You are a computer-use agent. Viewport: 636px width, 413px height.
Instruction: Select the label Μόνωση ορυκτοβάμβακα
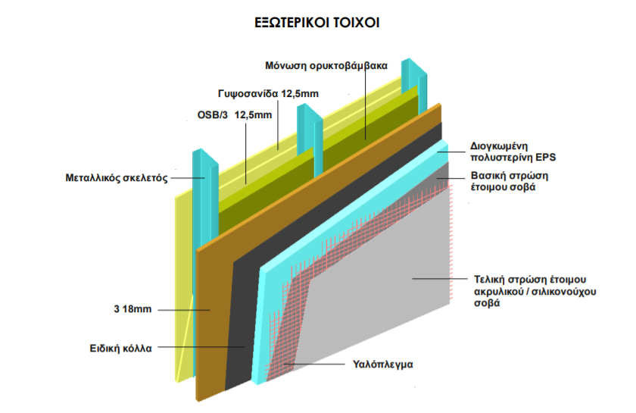(x=326, y=65)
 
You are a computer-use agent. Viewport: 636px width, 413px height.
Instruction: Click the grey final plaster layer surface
(x=379, y=288)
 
